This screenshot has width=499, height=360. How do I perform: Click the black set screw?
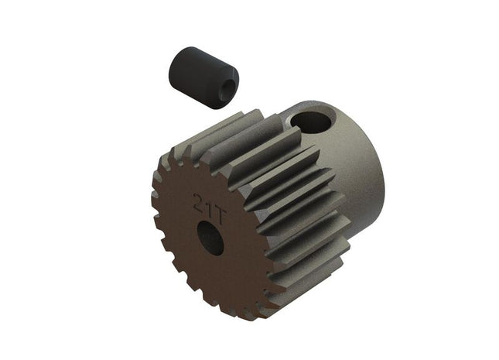coord(203,77)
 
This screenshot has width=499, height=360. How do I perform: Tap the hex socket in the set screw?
coord(227,90)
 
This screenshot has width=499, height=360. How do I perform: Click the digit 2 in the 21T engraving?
coord(199,201)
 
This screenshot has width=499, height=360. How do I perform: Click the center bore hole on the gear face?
coord(210,238)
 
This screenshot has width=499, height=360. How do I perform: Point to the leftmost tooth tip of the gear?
coord(155,194)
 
